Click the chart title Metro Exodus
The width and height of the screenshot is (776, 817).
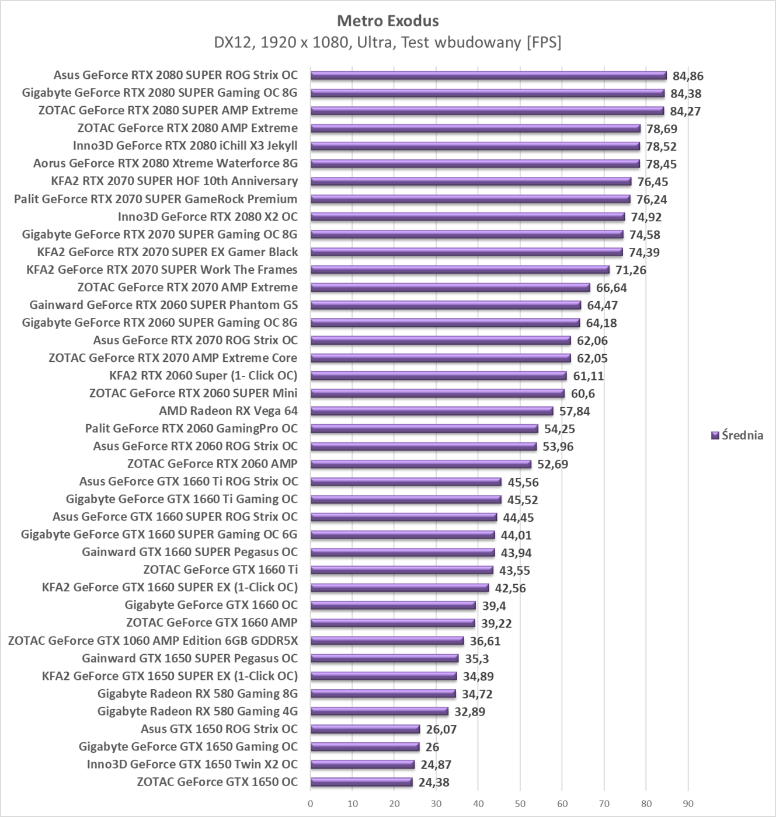pos(388,21)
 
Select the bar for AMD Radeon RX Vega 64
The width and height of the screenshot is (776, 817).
pos(432,411)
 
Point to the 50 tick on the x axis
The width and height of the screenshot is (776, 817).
pos(520,804)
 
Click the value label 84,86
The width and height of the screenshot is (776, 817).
pos(688,76)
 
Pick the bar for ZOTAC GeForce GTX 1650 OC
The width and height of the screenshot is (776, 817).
pos(361,782)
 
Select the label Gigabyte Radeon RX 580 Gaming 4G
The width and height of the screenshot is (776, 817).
pos(197,711)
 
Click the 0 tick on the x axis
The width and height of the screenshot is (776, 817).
pos(310,804)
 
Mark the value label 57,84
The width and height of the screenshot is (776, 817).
pos(575,411)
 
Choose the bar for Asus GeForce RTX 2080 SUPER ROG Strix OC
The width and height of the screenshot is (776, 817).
pos(488,75)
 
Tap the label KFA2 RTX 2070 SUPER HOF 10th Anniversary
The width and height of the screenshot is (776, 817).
pos(174,181)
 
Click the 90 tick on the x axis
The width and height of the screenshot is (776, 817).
pos(688,804)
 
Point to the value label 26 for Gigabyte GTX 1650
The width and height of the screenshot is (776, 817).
pos(432,747)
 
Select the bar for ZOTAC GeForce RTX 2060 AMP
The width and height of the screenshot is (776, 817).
pos(420,464)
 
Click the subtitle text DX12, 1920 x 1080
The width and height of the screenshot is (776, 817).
pos(388,42)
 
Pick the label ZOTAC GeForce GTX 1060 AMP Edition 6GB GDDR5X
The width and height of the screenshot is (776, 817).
pos(153,641)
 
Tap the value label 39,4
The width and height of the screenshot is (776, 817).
pos(494,606)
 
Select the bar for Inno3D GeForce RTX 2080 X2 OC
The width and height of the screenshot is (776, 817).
pos(467,217)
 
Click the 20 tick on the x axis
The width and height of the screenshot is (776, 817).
pos(394,804)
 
